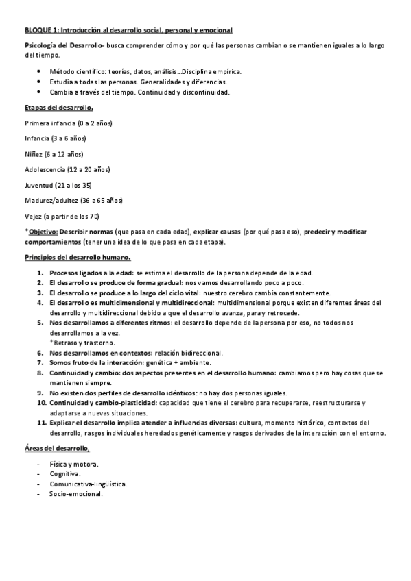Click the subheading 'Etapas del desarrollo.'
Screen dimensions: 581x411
[58, 108]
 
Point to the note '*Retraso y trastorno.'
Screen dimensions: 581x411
[82, 342]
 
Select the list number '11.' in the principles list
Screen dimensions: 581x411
[40, 423]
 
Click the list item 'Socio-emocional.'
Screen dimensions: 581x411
[75, 493]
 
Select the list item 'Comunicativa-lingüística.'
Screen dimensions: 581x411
[88, 484]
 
